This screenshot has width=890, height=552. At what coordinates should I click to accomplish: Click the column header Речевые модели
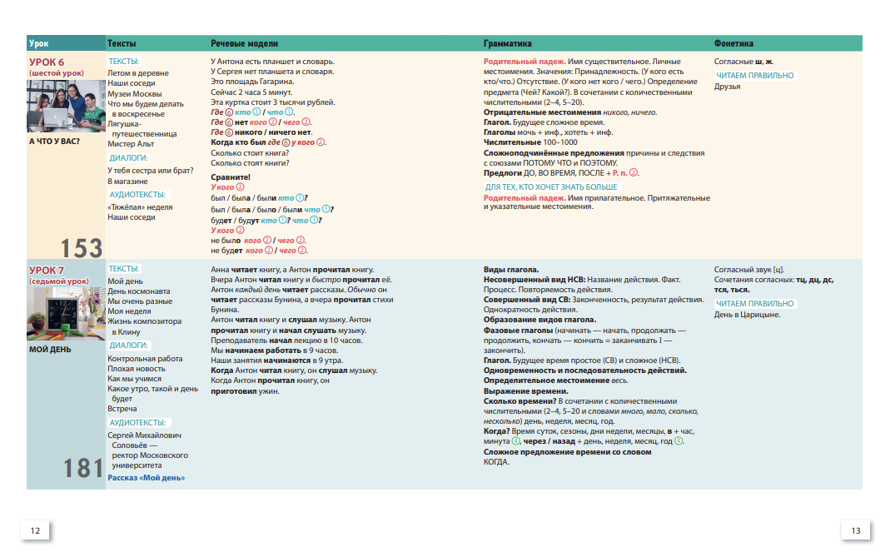(244, 43)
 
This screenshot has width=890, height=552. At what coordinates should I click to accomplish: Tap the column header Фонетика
(733, 43)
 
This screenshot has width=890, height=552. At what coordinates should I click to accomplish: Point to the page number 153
(81, 247)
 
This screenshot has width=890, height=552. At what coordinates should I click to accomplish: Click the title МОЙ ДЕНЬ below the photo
(50, 349)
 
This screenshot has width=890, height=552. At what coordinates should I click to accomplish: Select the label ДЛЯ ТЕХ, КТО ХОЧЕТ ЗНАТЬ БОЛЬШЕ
(551, 187)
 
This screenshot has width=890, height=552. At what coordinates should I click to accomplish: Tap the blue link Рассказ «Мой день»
(147, 478)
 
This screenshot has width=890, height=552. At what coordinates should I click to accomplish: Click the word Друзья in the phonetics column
(727, 87)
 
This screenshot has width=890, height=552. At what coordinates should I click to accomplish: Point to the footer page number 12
(35, 530)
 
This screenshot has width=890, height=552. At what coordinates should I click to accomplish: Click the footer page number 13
(855, 530)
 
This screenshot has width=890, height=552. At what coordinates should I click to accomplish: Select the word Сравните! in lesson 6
(231, 177)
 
